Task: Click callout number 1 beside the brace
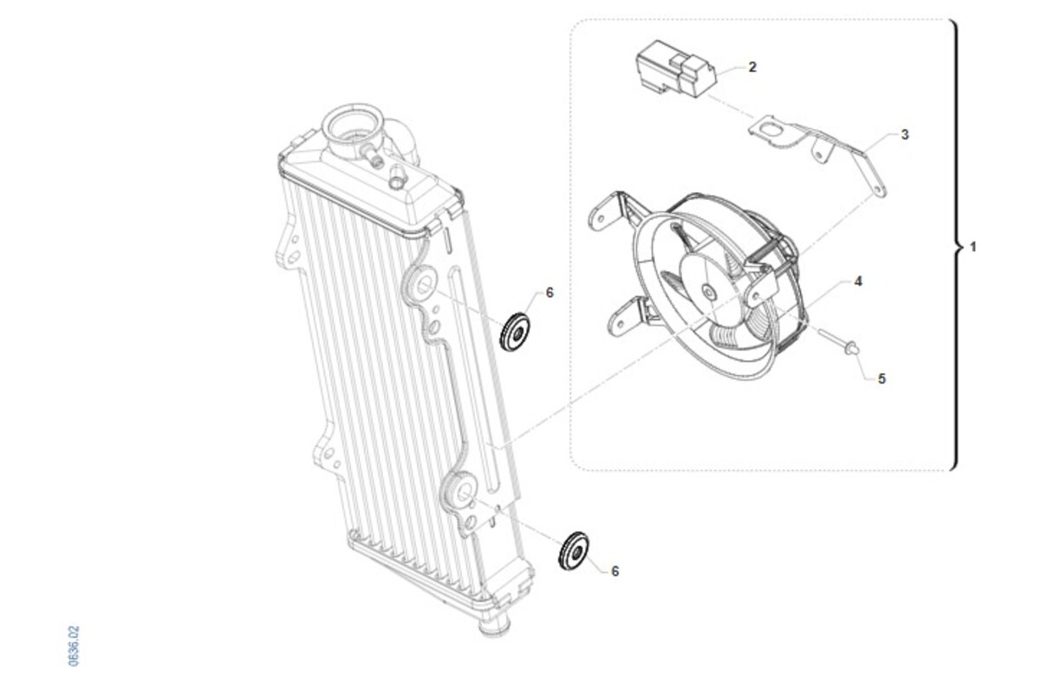pos(973,247)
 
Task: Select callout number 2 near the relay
pos(752,68)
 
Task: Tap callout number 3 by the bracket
pos(905,134)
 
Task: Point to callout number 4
pos(858,281)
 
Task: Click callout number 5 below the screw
pos(881,379)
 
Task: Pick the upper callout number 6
pos(549,293)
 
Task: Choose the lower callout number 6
pos(615,572)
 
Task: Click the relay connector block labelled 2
pos(676,69)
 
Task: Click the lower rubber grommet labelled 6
pos(575,551)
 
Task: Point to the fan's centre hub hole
pos(709,292)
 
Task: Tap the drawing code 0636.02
pos(74,646)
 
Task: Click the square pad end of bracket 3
pos(768,129)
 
